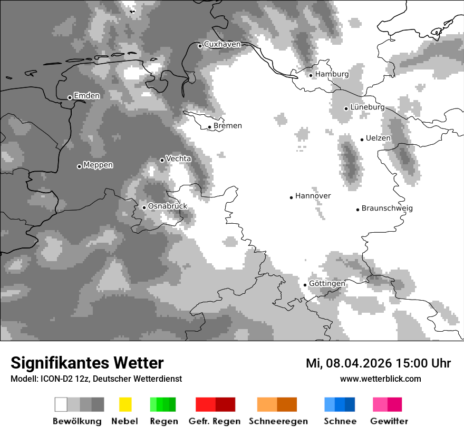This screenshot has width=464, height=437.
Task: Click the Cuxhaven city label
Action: (222, 44)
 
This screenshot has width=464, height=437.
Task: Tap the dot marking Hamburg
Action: (311, 75)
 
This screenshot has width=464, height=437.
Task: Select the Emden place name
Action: (86, 96)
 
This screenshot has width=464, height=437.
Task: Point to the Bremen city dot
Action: (209, 127)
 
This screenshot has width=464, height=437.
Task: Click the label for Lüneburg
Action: (368, 107)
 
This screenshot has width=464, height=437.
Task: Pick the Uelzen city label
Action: (379, 138)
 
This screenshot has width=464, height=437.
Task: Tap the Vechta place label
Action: (179, 158)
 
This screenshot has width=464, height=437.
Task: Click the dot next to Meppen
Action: (79, 166)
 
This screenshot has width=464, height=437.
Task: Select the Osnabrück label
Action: (168, 206)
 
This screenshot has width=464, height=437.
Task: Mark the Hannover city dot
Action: (291, 197)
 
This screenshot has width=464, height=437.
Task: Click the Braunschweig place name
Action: (387, 208)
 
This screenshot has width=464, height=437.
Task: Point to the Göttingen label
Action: (327, 284)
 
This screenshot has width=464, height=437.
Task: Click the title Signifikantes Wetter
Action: (87, 363)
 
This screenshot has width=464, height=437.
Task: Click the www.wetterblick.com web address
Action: (380, 379)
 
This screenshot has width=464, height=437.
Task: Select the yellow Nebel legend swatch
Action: (125, 404)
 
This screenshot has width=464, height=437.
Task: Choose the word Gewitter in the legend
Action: (389, 421)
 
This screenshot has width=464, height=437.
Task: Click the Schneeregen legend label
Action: (278, 421)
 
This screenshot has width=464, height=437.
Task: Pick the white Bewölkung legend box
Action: (61, 404)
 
